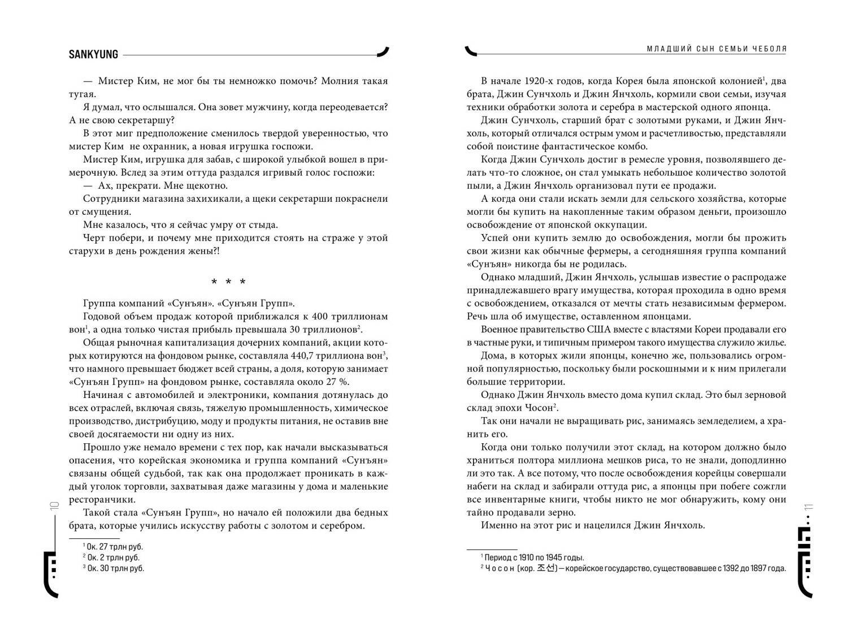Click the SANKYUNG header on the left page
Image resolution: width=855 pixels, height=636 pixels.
[93, 54]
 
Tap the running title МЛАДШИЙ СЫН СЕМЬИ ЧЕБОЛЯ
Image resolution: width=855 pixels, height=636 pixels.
[717, 49]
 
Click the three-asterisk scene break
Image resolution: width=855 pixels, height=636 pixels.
[228, 282]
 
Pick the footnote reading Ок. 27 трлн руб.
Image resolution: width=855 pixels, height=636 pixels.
[114, 547]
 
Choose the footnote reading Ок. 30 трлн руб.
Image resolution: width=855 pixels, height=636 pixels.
[115, 568]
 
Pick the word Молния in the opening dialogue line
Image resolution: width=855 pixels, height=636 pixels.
[339, 81]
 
